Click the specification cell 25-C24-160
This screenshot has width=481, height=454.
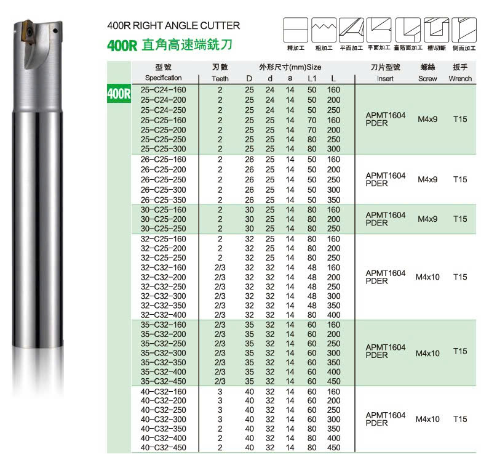(x=163, y=90)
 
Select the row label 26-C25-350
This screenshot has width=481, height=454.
(x=163, y=200)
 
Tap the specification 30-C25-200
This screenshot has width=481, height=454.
(x=163, y=219)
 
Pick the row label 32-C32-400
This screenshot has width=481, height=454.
(x=163, y=315)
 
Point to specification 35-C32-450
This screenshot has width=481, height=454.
(x=163, y=381)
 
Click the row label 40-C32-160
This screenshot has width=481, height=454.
(x=163, y=392)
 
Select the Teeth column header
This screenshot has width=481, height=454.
(x=220, y=79)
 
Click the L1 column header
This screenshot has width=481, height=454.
(x=312, y=79)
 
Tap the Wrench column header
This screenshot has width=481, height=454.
(x=460, y=79)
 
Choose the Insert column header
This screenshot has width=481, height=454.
(x=385, y=79)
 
